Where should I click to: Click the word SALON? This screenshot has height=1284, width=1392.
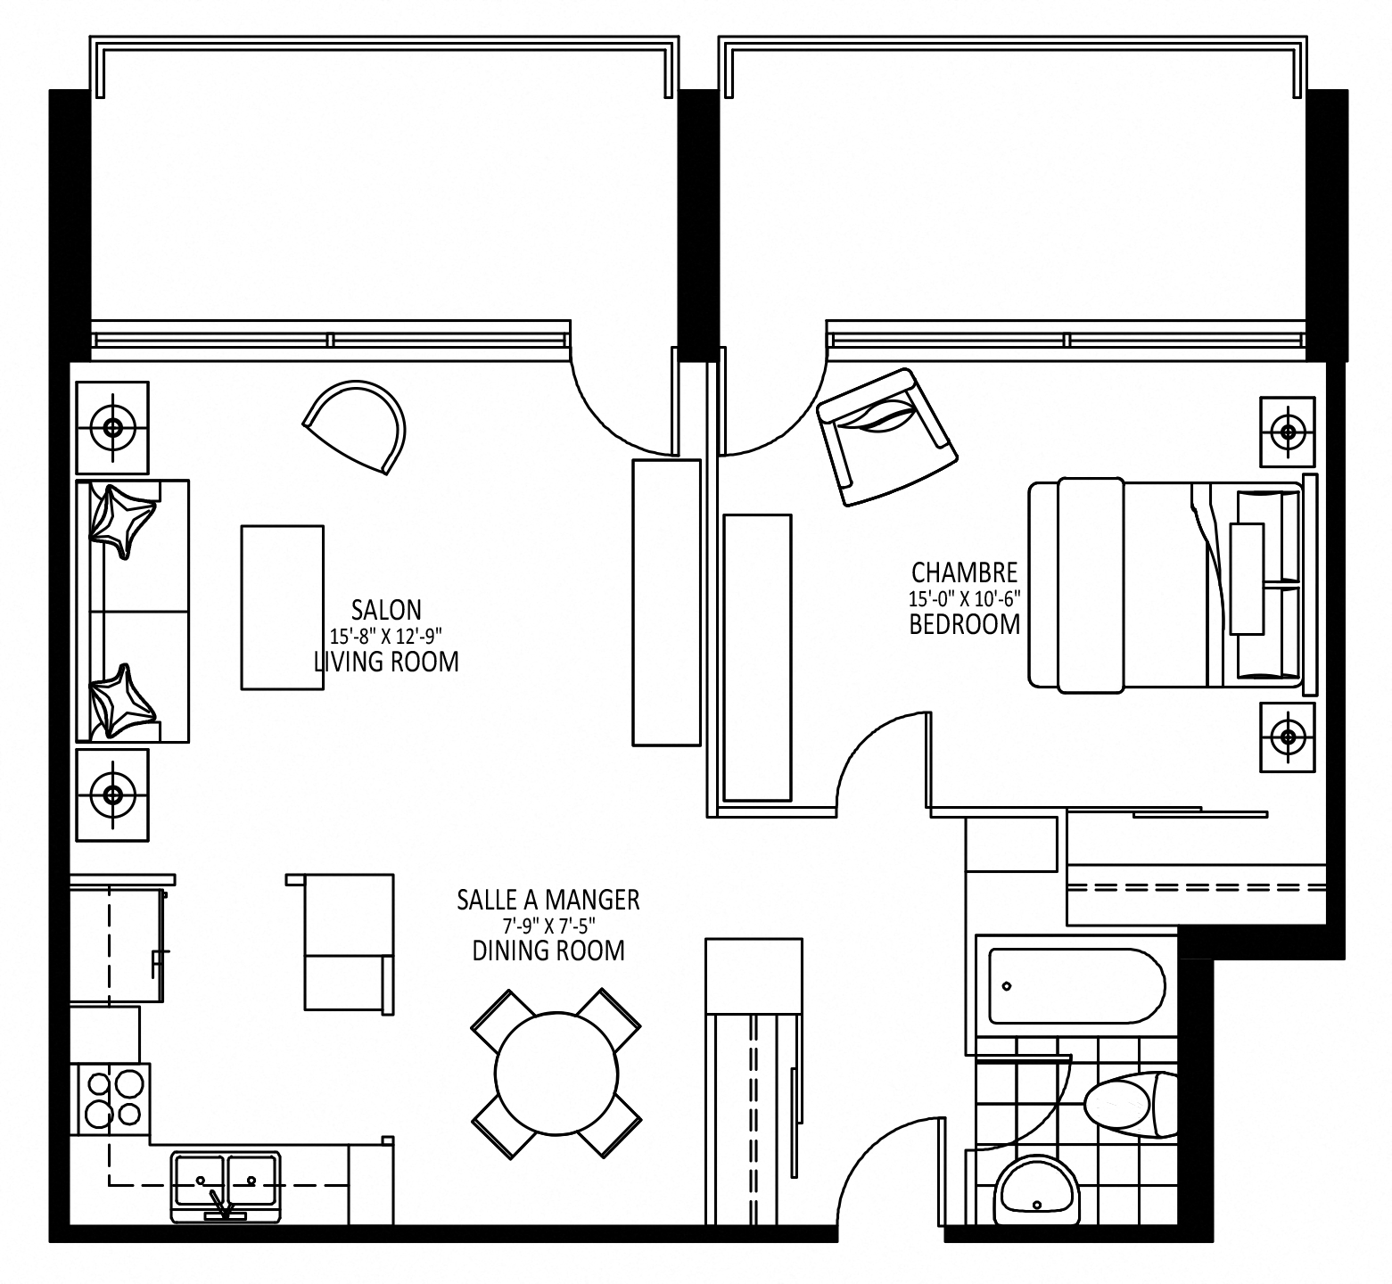coord(386,610)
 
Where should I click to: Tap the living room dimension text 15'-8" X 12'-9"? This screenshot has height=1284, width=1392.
coord(386,635)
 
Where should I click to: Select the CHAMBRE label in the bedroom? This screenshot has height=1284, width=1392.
coord(964,572)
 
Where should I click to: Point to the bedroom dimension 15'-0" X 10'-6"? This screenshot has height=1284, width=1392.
coord(964,597)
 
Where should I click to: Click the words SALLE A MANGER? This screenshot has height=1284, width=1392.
coord(548,900)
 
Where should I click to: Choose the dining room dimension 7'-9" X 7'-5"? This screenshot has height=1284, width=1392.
coord(548,926)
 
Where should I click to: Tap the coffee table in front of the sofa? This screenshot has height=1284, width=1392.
coord(282,607)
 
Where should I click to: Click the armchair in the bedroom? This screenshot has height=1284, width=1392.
coord(886,437)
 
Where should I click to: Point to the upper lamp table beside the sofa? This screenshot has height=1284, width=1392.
coord(112,427)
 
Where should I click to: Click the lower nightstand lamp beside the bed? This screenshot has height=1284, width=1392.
coord(1287,737)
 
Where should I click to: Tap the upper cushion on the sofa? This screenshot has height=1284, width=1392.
coord(122,521)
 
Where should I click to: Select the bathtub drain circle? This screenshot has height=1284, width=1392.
coord(1007,987)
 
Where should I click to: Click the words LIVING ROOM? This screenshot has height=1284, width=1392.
coord(386,662)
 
